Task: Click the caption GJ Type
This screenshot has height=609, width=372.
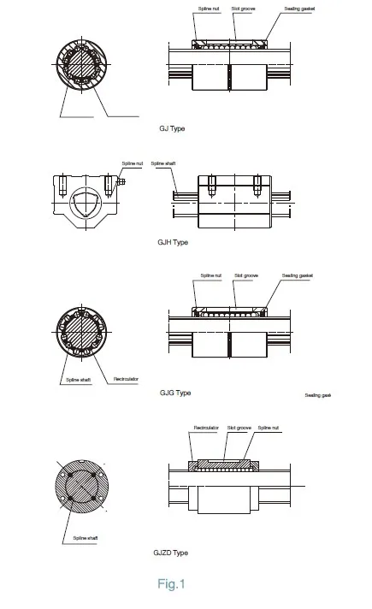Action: click(172, 128)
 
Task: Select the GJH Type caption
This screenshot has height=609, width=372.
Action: click(174, 243)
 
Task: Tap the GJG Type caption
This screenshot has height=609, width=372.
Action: click(175, 393)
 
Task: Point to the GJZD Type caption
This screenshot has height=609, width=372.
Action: click(175, 553)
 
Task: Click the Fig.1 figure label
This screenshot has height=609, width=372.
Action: click(171, 585)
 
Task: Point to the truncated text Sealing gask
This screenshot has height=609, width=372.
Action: click(317, 396)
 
